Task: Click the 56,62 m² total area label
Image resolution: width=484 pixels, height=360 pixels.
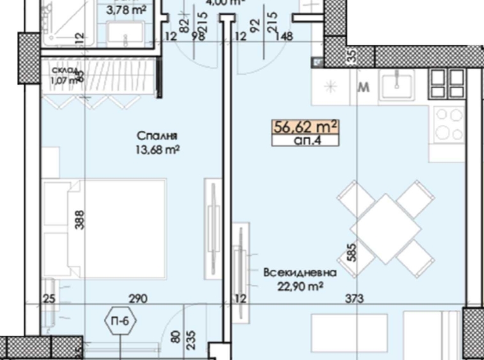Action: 306,126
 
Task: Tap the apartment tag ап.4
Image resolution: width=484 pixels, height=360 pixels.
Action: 306,140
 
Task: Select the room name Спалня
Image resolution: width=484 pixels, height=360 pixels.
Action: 156,135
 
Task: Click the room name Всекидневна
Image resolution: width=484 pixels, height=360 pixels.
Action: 300,273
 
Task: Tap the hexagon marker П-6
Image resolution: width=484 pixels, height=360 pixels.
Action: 122,321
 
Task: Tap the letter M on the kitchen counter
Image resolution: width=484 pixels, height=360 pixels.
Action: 364,88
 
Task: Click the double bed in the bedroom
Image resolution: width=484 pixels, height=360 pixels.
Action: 105,229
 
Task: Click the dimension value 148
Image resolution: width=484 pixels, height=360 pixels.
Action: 285,37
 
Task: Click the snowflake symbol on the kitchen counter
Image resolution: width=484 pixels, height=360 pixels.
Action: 331,87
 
